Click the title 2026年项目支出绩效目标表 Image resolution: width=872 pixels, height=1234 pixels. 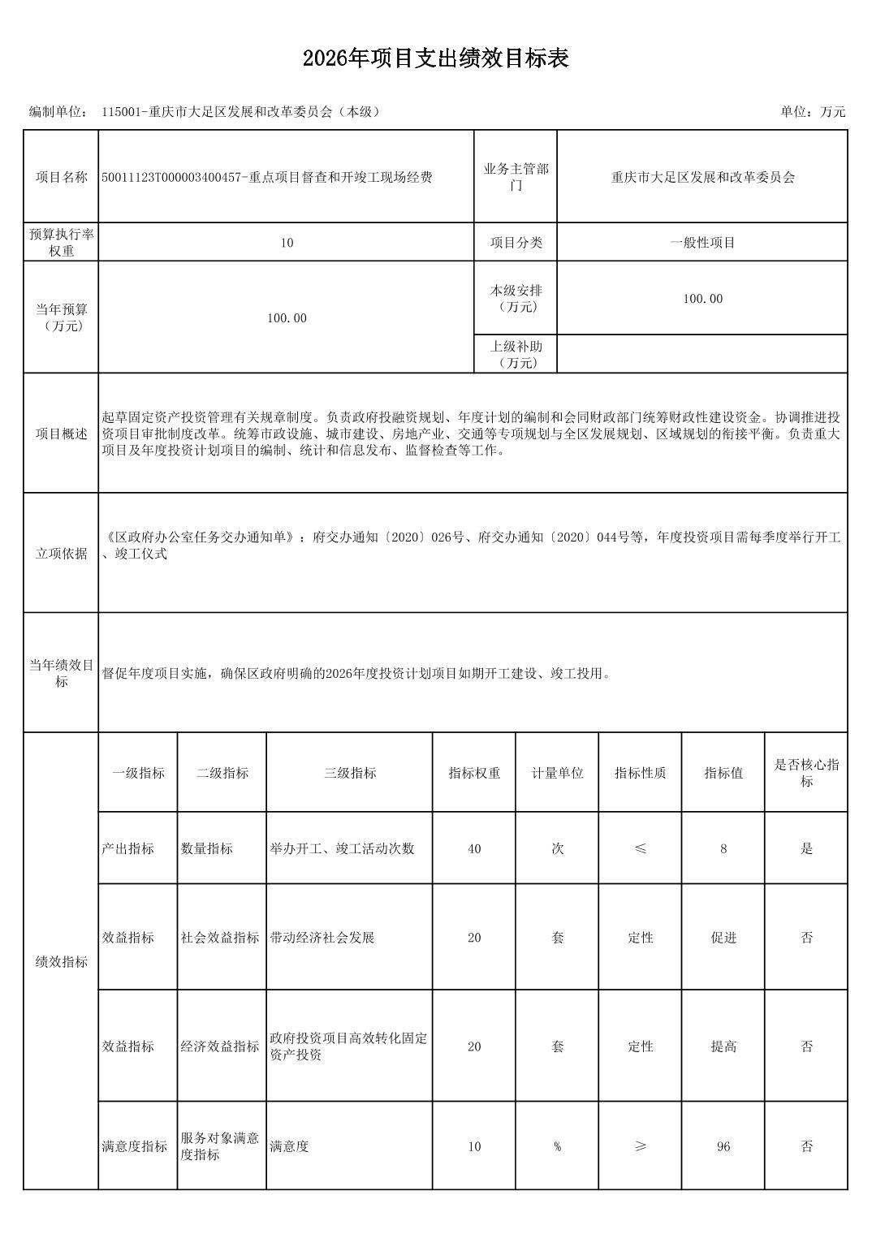pos(435,58)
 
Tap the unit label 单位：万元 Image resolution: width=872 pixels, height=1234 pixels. pos(813,112)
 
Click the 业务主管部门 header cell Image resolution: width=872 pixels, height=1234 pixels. pos(516,177)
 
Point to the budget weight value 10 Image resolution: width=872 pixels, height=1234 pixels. pos(287,243)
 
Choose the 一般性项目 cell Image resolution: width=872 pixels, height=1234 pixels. pos(702,243)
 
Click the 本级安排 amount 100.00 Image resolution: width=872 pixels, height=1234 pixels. pos(702,299)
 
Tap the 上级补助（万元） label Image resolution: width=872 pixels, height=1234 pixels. pos(516,355)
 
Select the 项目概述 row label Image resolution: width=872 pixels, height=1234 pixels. pos(61,434)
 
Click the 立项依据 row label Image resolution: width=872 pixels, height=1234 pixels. pos(61,553)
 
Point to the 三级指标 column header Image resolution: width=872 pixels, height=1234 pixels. pos(349,773)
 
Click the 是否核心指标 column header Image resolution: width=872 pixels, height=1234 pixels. pos(806,773)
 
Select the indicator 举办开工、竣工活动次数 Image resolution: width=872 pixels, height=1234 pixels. pos(342,848)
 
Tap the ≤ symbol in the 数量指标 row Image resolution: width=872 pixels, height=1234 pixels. pos(640,848)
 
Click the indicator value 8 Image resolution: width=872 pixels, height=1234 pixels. pos(723,848)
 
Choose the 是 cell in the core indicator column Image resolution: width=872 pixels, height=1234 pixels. pos(806,848)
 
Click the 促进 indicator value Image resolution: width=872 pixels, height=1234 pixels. pos(723,938)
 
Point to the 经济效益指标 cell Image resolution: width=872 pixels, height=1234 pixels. pos(220,1046)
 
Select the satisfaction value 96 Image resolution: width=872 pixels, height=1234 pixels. pos(723,1146)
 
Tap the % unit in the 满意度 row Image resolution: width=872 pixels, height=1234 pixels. pos(557,1146)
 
